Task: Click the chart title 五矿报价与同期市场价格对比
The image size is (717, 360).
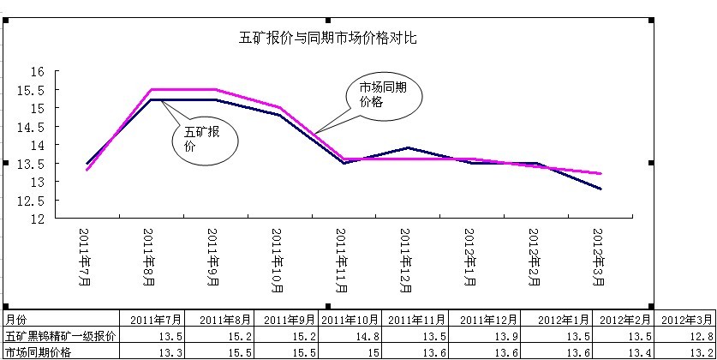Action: tap(327, 39)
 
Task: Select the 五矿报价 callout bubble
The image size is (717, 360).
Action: tap(203, 140)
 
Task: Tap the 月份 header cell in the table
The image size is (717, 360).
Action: tap(17, 320)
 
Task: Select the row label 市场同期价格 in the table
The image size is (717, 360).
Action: tap(38, 352)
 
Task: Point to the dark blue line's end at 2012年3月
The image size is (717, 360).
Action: tap(600, 189)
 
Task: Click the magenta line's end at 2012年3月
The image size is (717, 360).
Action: tap(600, 174)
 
